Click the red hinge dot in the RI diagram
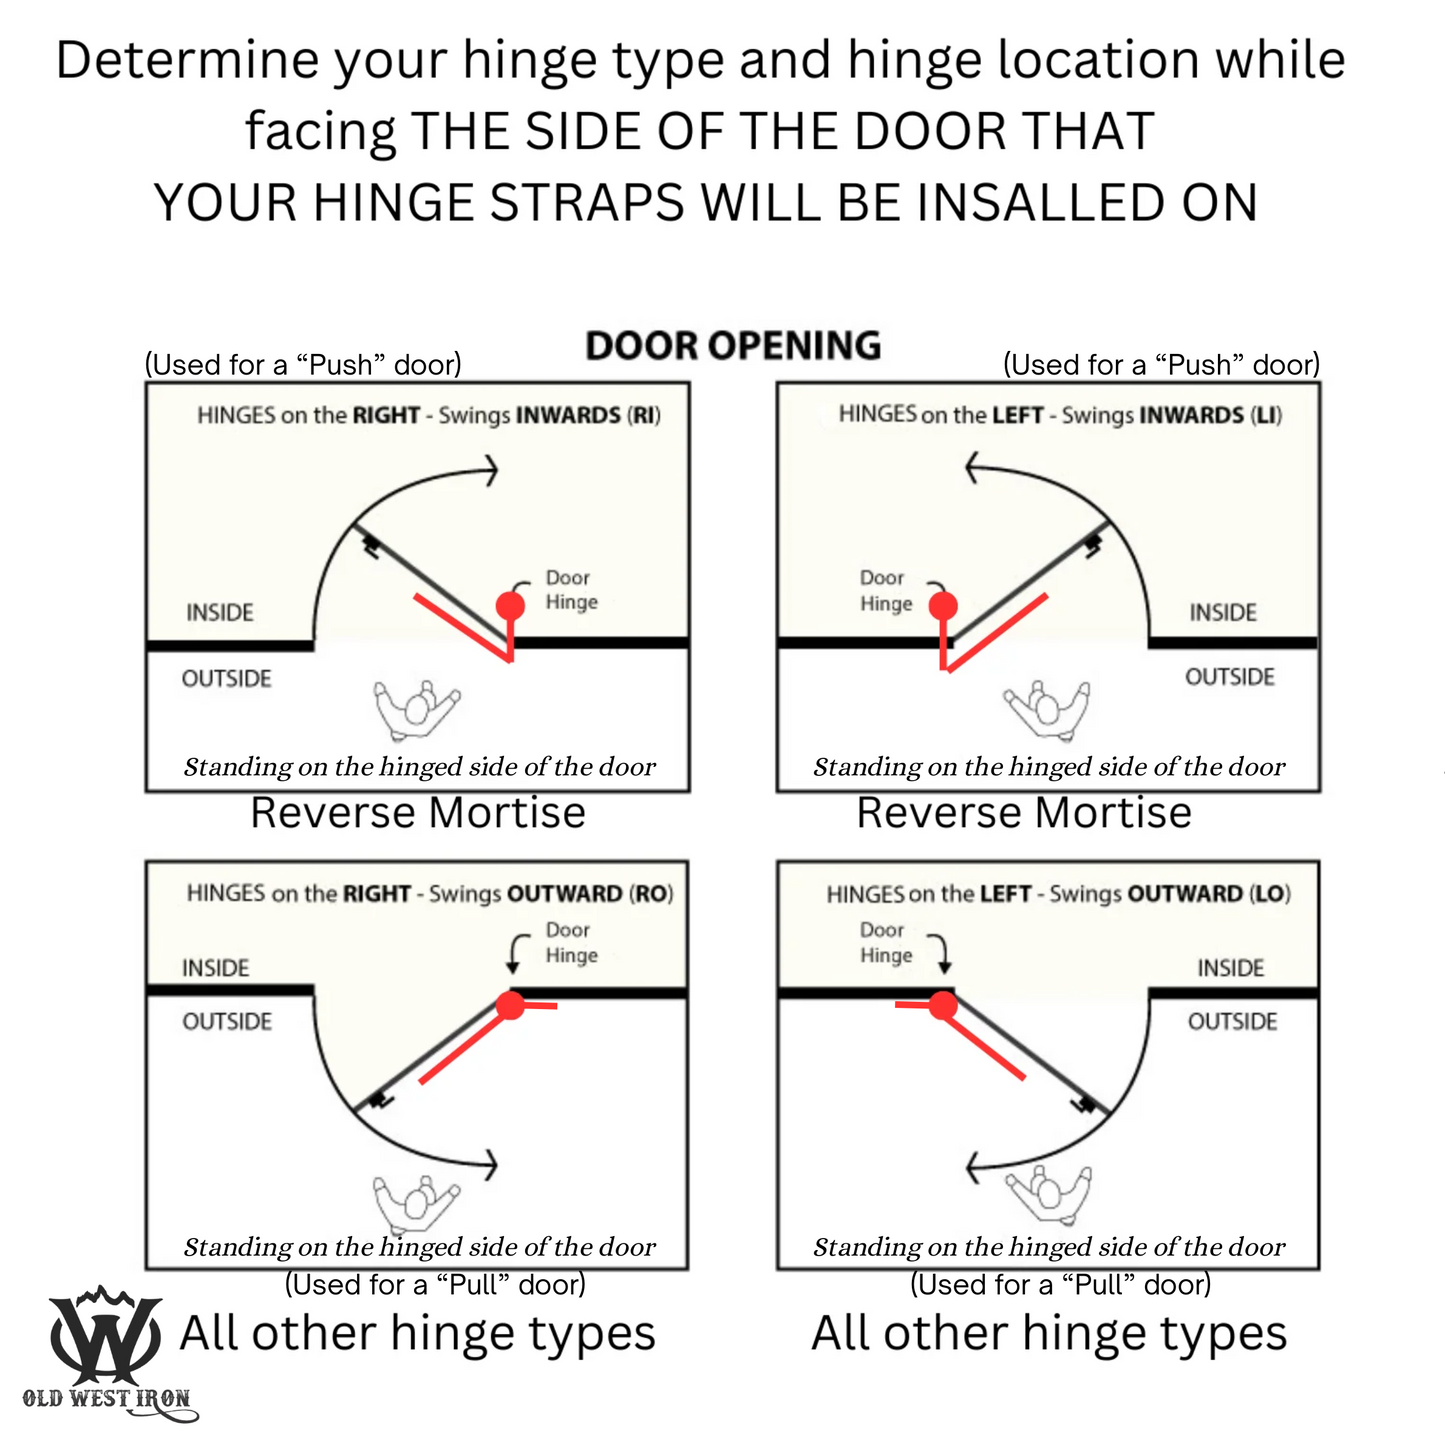tap(510, 604)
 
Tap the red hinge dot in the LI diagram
tap(943, 605)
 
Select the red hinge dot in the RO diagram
tap(510, 1005)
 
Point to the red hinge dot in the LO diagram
tap(943, 1005)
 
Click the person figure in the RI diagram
tap(416, 709)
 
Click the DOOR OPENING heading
tap(733, 346)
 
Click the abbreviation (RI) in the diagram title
tap(643, 415)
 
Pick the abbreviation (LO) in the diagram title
tap(1270, 894)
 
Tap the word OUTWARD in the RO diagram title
tap(565, 894)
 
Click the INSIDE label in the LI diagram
tap(1222, 613)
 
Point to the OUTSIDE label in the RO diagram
tap(227, 1021)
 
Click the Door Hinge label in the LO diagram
tap(886, 943)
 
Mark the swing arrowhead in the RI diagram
tap(490, 470)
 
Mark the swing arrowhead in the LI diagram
tap(973, 468)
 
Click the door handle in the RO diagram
tap(382, 1100)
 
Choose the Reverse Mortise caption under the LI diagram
tap(1024, 813)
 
